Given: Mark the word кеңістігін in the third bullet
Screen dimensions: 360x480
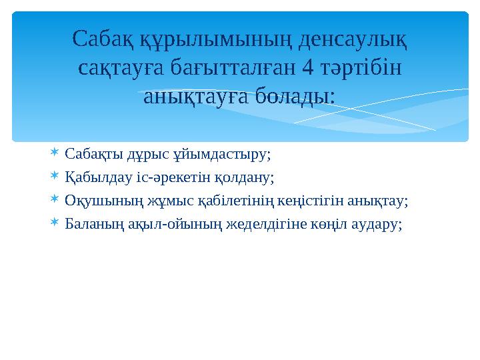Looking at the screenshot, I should (x=306, y=200).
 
